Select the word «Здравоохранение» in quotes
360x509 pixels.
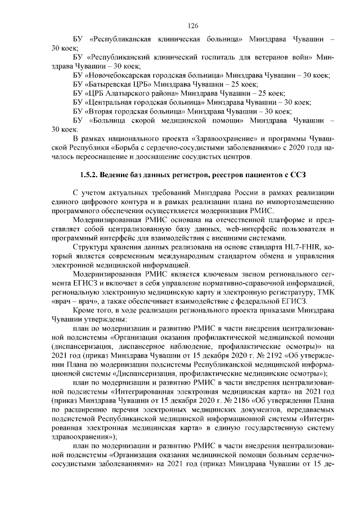[222, 139]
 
